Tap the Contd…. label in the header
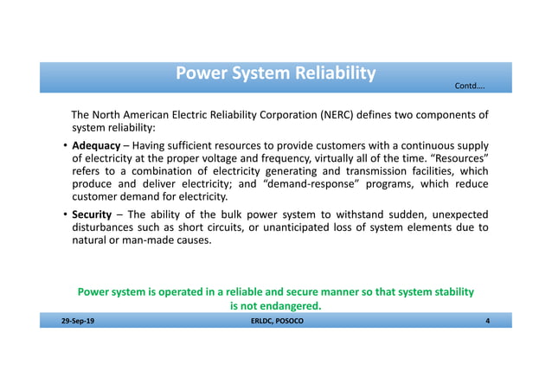471,86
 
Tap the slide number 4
488,321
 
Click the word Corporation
290,115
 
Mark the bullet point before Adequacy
65,145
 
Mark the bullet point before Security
65,214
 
